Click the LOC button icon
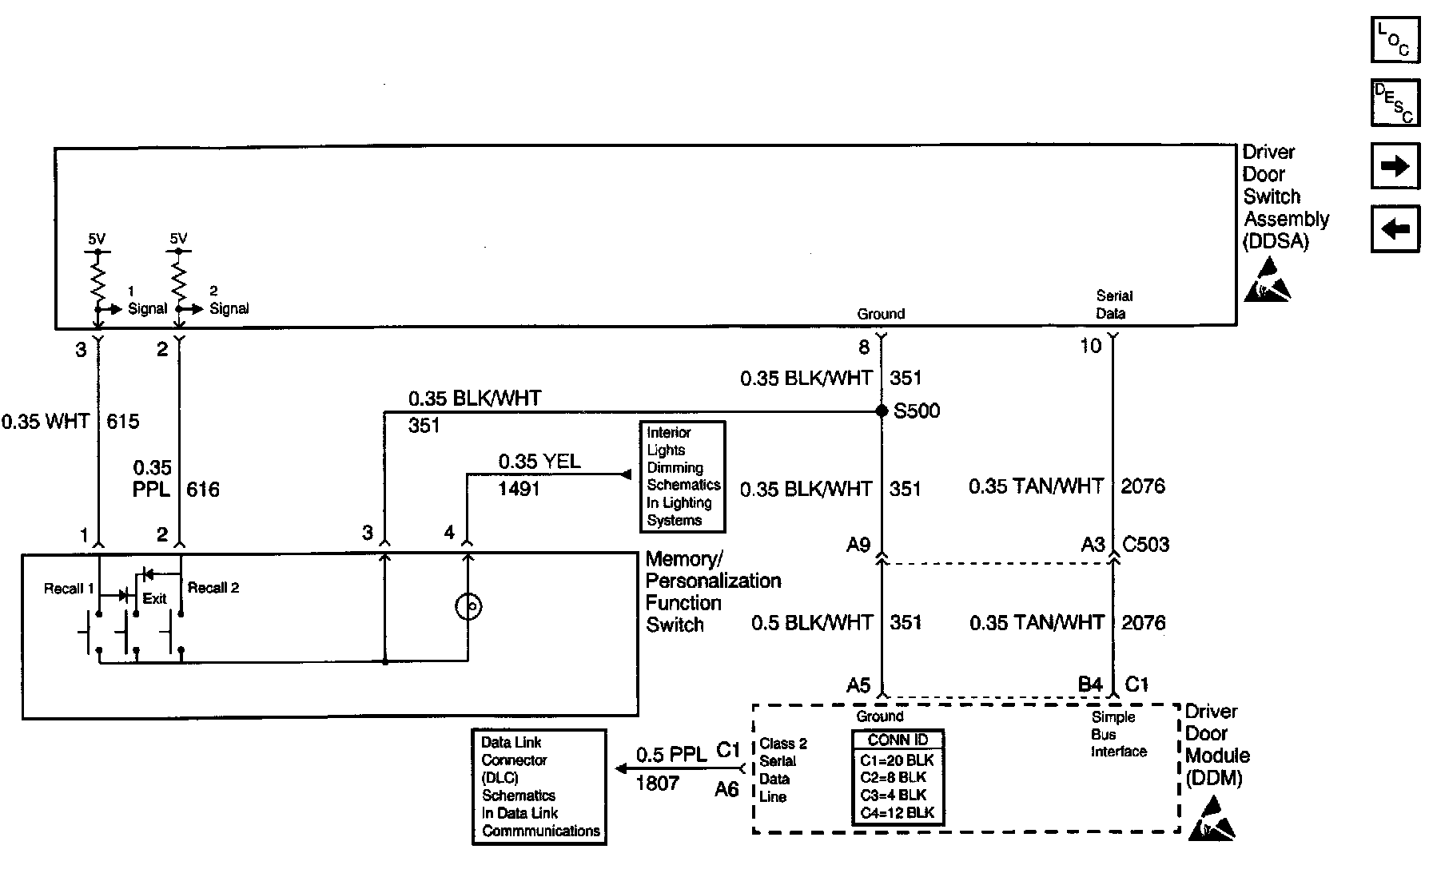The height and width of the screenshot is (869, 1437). pyautogui.click(x=1395, y=40)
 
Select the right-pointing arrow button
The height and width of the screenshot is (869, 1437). pyautogui.click(x=1395, y=166)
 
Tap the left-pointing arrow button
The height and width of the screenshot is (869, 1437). pyautogui.click(x=1395, y=229)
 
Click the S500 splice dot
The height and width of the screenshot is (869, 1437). pyautogui.click(x=882, y=411)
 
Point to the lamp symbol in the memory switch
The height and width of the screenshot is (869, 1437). pyautogui.click(x=468, y=608)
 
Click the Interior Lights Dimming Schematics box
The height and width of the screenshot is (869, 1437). pyautogui.click(x=683, y=477)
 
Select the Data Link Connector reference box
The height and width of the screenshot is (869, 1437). pyautogui.click(x=539, y=786)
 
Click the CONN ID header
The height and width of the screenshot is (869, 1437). pyautogui.click(x=897, y=740)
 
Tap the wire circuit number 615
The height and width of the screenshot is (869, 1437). pyautogui.click(x=123, y=421)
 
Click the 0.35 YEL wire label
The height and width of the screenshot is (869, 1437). pyautogui.click(x=539, y=462)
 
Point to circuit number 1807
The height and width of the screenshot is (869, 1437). pyautogui.click(x=657, y=784)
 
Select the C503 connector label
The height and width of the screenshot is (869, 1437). pyautogui.click(x=1145, y=545)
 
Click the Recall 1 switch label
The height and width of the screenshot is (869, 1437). pyautogui.click(x=69, y=589)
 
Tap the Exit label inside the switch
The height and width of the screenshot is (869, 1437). pyautogui.click(x=154, y=599)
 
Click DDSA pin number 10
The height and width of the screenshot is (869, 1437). pyautogui.click(x=1090, y=347)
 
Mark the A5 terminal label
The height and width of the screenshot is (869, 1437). pyautogui.click(x=858, y=685)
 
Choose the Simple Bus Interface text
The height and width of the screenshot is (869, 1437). pyautogui.click(x=1118, y=735)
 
